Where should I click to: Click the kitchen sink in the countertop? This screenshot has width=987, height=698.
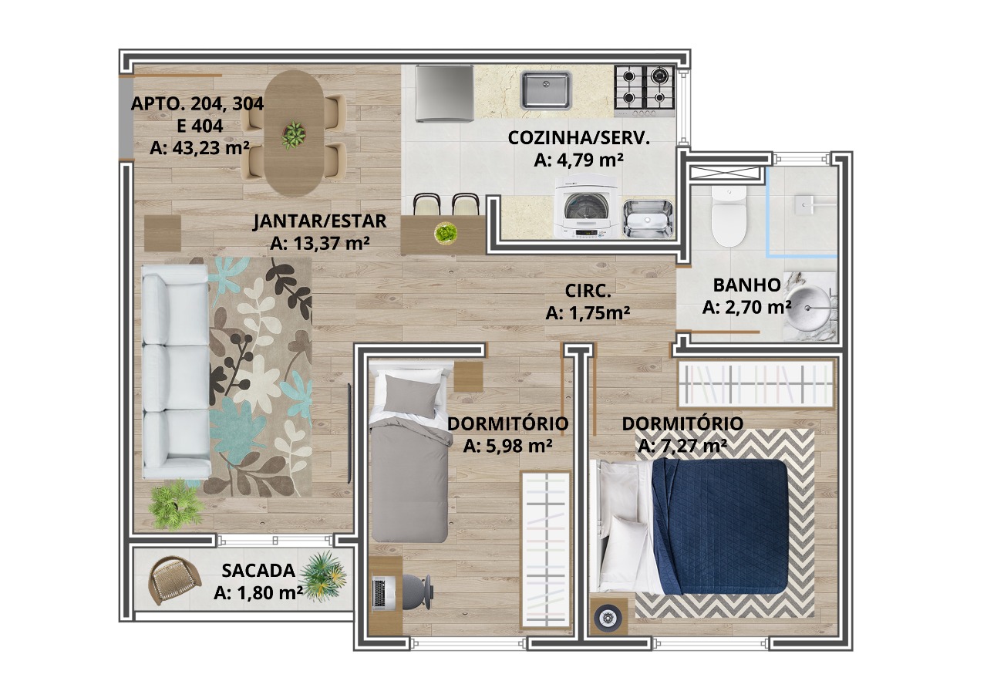click(545, 90)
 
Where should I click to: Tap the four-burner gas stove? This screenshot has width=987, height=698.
click(645, 91)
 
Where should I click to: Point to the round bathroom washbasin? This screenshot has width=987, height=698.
click(809, 306)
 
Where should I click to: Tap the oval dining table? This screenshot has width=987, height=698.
click(293, 133)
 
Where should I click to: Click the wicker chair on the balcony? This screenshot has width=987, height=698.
click(173, 579)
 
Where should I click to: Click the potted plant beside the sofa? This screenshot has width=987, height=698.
click(177, 504)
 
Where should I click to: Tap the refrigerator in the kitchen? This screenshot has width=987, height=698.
click(445, 93)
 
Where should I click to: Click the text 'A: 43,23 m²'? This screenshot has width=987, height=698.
click(200, 148)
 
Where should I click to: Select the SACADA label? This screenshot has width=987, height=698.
click(258, 571)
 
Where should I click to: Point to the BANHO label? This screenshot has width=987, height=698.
click(747, 285)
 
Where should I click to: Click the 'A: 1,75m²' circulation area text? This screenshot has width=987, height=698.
click(588, 313)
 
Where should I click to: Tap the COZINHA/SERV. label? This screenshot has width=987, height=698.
click(579, 138)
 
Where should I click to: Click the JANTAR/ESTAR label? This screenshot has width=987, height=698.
click(320, 221)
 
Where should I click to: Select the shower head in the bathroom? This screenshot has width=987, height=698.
click(807, 205)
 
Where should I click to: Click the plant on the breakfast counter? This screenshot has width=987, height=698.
click(446, 233)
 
